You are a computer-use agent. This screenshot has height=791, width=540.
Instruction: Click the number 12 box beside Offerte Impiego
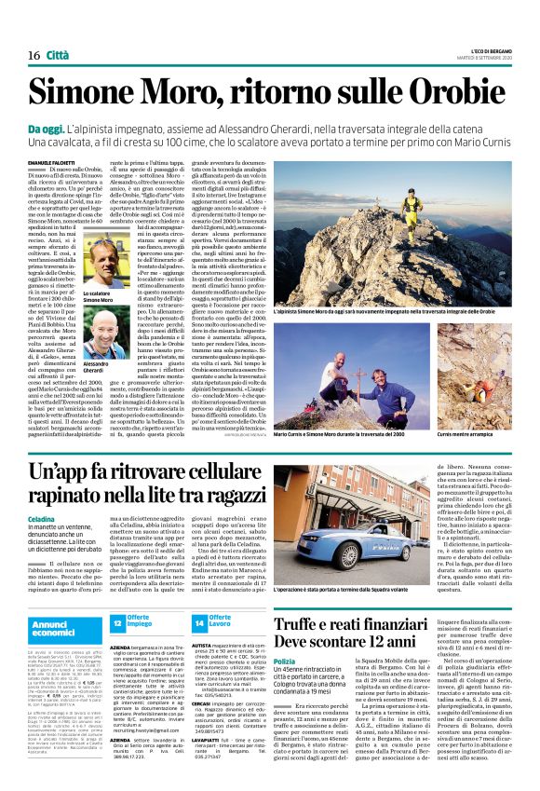tap(118, 622)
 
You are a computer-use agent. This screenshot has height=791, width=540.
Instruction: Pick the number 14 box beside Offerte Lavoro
tap(198, 622)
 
